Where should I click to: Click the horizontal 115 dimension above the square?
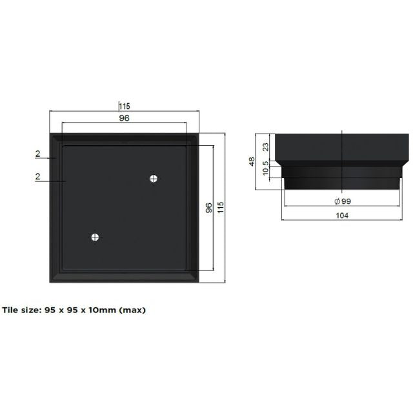[x=124, y=106]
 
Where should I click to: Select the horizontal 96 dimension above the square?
[x=124, y=118]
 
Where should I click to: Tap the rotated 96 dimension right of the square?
[x=208, y=208]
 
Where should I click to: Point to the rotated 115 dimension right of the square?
[x=221, y=208]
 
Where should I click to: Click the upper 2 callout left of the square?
[x=38, y=154]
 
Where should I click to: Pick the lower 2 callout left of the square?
[x=38, y=177]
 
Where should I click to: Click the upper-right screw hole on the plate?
[x=154, y=178]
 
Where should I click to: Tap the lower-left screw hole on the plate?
[x=96, y=237]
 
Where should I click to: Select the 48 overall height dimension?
[x=252, y=161]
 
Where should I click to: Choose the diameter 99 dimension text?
[x=345, y=202]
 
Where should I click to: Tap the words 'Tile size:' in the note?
[x=21, y=310]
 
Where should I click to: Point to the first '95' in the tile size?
[x=51, y=310]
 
